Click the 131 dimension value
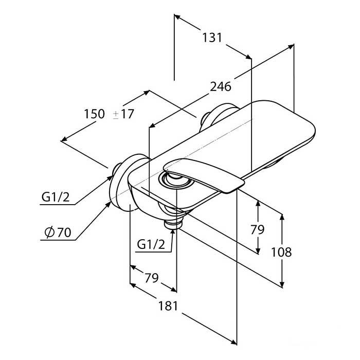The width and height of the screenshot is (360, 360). [212, 38]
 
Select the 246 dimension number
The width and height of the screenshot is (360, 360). [221, 87]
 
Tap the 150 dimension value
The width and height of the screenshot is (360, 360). [94, 114]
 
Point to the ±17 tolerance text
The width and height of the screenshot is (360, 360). [123, 114]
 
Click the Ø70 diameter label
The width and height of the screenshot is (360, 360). [58, 232]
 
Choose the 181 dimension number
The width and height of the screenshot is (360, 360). [168, 306]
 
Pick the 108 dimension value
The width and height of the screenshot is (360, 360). [281, 252]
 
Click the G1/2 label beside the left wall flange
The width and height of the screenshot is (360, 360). [56, 197]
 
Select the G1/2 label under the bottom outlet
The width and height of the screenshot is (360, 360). [151, 244]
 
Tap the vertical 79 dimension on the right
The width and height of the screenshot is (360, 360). [257, 229]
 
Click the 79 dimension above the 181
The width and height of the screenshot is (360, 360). [151, 278]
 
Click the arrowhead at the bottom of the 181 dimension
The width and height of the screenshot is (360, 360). [233, 341]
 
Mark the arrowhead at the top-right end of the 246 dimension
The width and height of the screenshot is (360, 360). [291, 47]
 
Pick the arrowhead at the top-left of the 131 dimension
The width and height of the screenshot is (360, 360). [177, 17]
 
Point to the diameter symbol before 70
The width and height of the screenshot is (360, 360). [49, 232]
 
